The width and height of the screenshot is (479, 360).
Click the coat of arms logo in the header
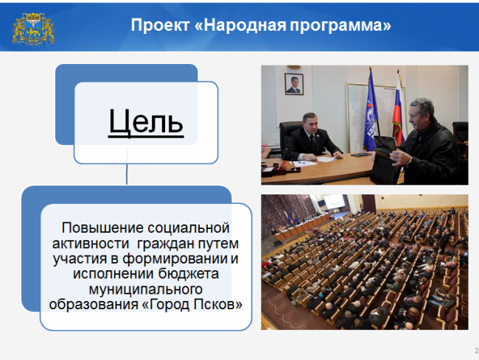[33, 29]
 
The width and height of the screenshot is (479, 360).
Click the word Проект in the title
[161, 25]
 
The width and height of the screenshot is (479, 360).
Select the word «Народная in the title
[240, 25]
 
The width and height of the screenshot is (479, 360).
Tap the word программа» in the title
[340, 26]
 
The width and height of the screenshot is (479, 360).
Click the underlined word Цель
[146, 122]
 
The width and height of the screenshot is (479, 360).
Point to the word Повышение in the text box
[102, 228]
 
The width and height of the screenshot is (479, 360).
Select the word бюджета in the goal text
[189, 273]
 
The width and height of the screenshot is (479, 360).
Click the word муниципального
[146, 289]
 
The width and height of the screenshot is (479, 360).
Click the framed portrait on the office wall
[294, 84]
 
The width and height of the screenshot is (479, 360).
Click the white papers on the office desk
[325, 158]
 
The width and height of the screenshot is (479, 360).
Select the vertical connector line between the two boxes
[127, 166]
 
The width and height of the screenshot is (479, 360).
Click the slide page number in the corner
[476, 351]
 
